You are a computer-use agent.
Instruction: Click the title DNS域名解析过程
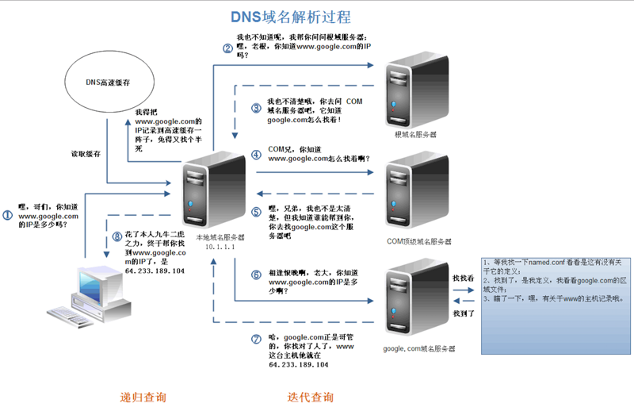point(290,17)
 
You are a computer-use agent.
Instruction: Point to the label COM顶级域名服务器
point(420,240)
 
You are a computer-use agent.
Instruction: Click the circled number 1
point(8,214)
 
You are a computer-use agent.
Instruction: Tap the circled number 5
point(256,212)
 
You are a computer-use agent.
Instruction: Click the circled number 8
point(117,236)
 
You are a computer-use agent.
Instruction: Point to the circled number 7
point(255,339)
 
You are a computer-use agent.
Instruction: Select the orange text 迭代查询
point(310,396)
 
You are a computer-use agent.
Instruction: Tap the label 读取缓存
point(86,153)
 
